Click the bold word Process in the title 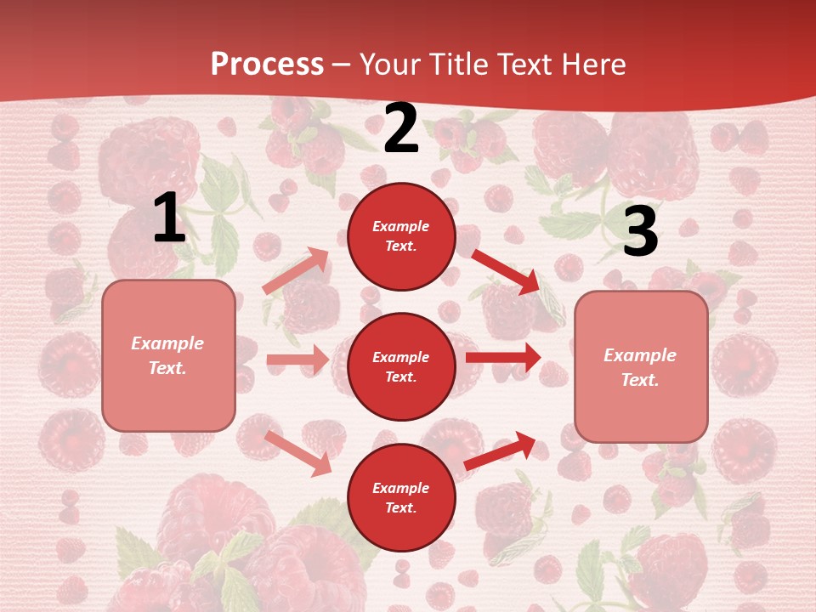pos(267,65)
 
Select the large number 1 pos(168,219)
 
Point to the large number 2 pos(401,129)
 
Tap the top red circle pos(401,236)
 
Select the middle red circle pos(401,366)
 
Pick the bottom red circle pos(401,497)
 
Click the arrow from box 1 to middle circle pos(297,360)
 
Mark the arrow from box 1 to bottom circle pos(298,453)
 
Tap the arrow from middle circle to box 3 pos(503,357)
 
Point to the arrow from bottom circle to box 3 pos(501,451)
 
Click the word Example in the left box pos(167,343)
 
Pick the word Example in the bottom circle pos(401,488)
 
